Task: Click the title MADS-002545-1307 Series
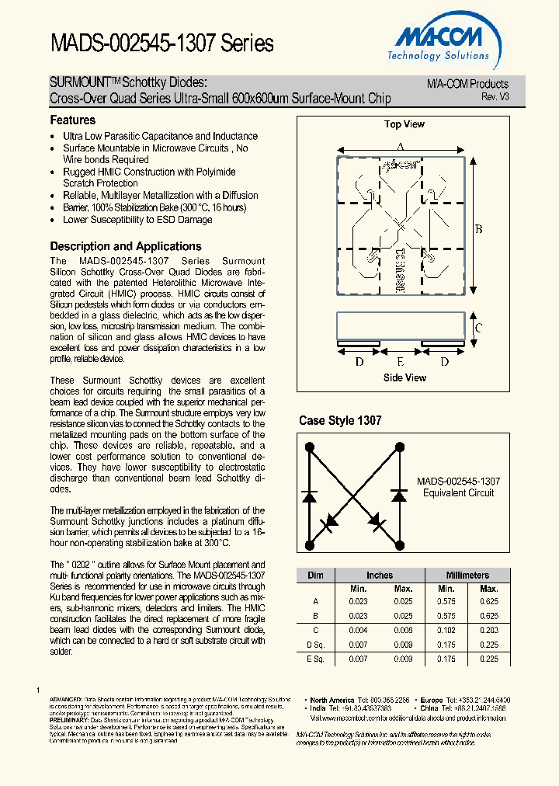point(162,43)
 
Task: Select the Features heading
point(73,120)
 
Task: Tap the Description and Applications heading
point(126,246)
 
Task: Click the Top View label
point(404,124)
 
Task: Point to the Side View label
point(404,377)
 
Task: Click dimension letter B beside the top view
point(479,228)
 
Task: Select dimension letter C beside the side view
point(479,328)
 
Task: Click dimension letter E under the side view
point(401,361)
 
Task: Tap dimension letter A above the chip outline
point(400,147)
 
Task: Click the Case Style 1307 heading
point(340,421)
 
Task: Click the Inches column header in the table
point(380,576)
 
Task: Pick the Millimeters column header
point(468,576)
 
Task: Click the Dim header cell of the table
point(315,576)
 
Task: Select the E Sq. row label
point(315,659)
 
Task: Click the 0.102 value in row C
point(446,630)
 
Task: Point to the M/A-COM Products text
point(467,84)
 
